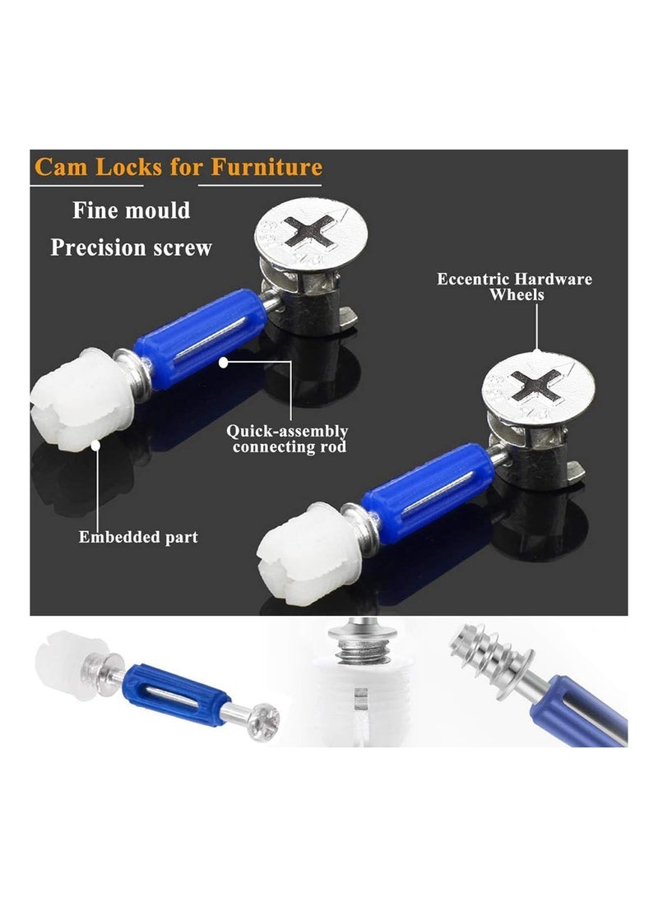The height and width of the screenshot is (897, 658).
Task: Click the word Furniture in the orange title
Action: click(x=266, y=167)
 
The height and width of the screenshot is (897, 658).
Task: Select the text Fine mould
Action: click(x=132, y=210)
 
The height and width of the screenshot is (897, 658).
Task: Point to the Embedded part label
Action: click(x=138, y=537)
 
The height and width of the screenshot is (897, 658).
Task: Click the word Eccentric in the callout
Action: click(x=473, y=280)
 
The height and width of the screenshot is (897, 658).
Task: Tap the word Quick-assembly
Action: click(x=287, y=431)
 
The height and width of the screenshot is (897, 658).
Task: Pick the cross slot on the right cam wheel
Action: click(x=535, y=386)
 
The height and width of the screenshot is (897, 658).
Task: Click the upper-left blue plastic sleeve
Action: click(x=200, y=338)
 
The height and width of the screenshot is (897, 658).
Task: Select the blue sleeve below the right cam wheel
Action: click(x=428, y=493)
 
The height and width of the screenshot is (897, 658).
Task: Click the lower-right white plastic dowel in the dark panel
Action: click(x=309, y=553)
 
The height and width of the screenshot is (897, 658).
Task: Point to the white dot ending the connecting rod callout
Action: click(x=223, y=362)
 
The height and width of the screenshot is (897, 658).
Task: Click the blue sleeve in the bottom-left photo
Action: click(x=175, y=695)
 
